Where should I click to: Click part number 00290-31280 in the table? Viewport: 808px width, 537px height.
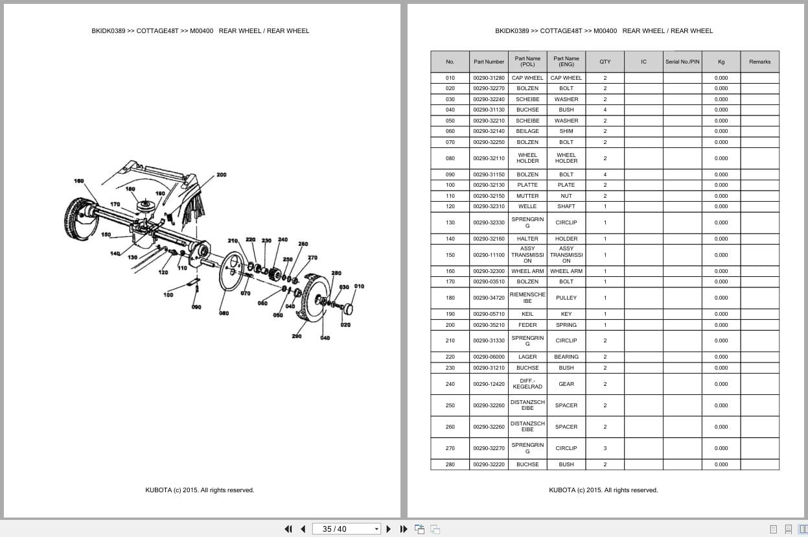(x=489, y=78)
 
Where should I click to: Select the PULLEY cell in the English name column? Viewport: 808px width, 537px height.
(x=566, y=298)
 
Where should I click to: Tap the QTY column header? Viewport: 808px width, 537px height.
(x=605, y=62)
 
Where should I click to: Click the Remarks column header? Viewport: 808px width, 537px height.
(x=759, y=62)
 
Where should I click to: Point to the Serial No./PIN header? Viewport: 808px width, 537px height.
(x=682, y=62)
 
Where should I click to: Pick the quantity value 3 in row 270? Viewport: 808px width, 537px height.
(x=605, y=448)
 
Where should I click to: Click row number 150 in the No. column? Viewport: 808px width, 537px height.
(x=450, y=255)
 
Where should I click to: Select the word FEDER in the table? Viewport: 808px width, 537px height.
(x=527, y=325)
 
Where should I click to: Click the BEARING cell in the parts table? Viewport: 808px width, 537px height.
(x=566, y=357)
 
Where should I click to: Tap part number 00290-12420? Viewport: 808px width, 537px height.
(x=489, y=384)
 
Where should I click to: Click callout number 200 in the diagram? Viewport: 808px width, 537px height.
(x=222, y=175)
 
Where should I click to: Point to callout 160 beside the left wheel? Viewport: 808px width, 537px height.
(x=78, y=181)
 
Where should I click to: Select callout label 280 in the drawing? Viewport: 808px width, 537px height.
(x=336, y=273)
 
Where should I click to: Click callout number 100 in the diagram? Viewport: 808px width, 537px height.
(x=168, y=295)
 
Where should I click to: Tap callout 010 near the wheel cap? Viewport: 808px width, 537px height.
(x=359, y=287)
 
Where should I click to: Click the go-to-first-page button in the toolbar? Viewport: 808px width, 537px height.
(x=288, y=529)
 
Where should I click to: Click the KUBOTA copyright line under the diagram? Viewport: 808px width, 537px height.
(x=200, y=490)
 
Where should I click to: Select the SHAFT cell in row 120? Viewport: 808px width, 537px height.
(x=566, y=206)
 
